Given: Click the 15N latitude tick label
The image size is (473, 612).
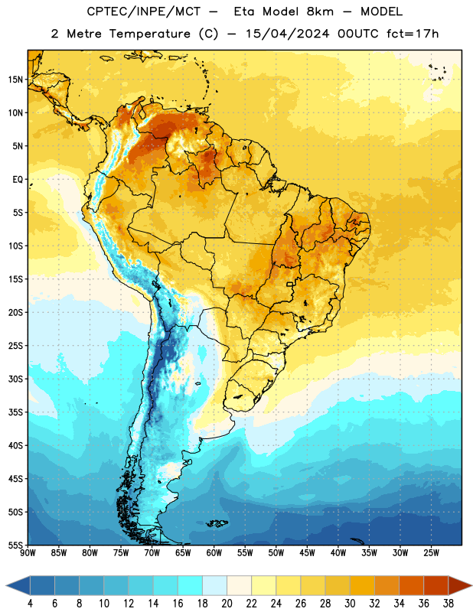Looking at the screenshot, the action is pos(15,80).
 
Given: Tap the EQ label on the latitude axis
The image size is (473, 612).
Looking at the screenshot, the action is pos(18,180).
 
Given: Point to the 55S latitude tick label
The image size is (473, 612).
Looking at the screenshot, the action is pos(15,545).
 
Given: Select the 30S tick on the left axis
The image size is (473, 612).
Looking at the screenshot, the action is pos(15,379).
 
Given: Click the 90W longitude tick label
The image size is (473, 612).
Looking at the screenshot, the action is pos(28,553).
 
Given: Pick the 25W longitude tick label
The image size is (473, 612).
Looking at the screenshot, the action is pos(431,553).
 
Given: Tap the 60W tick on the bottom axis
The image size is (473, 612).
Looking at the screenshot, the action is pos(214,553).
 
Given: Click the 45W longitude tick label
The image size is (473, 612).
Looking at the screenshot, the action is pos(307,553).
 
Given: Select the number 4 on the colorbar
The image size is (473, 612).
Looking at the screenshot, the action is pos(30,604).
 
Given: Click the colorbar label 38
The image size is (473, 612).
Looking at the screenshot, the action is pos(449,604).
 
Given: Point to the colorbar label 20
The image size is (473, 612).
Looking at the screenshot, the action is pos(227,604).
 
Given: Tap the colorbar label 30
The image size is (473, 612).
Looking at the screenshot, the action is pos(350,604).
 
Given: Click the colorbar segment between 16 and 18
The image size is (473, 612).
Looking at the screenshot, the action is pos(191,585).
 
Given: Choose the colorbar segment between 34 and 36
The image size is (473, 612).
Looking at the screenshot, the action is pos(412,585).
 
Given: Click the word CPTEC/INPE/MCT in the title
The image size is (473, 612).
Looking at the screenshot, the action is pos(143,11).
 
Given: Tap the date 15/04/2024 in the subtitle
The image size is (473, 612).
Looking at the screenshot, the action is pos(287,34).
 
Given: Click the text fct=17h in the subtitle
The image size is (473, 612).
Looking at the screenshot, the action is pos(413,34).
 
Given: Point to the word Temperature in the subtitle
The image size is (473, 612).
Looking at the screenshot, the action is pos(150,34).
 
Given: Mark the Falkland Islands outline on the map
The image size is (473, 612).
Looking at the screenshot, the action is pos(217,523).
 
